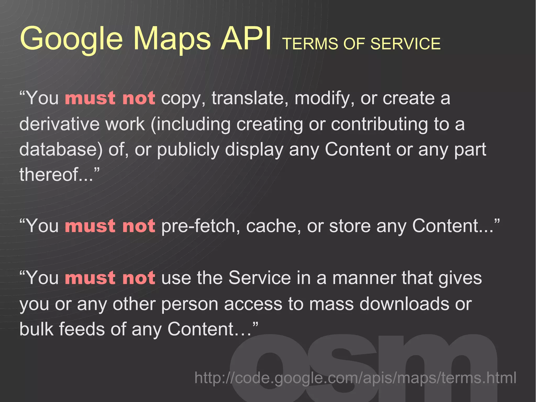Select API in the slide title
[x=246, y=39]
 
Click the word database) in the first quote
[x=61, y=149]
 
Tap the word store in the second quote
[x=350, y=226]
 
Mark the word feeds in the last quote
[x=82, y=329]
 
